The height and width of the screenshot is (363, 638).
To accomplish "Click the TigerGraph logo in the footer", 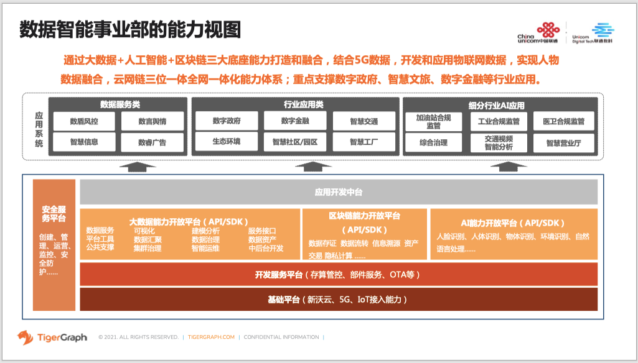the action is click(52, 337).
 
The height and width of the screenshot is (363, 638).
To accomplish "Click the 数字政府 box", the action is click(226, 121).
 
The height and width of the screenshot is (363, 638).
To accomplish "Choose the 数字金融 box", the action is click(295, 121).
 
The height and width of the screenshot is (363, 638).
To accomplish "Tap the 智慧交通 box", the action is click(364, 121).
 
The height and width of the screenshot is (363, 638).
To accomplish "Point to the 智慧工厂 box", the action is click(364, 142).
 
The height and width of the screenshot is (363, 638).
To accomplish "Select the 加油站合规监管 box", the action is click(433, 121).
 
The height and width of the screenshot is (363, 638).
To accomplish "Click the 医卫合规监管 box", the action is click(563, 121).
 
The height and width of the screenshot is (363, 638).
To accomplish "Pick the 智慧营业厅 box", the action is click(563, 142).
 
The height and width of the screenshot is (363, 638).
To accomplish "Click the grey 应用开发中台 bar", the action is click(339, 192).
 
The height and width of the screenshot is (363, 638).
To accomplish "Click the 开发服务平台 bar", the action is click(339, 274).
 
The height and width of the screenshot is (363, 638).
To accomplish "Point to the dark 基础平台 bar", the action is click(339, 300).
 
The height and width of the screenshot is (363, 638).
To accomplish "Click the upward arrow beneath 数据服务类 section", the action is click(138, 165).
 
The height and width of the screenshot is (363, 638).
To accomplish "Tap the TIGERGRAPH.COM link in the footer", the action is click(211, 337).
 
